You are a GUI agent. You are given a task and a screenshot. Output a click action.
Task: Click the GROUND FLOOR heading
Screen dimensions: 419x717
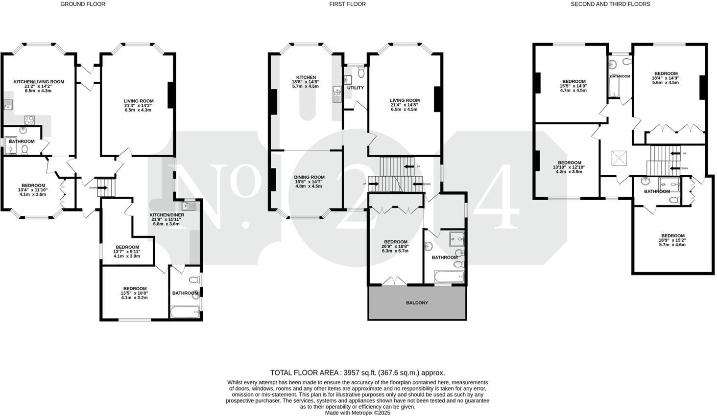pos(83,4)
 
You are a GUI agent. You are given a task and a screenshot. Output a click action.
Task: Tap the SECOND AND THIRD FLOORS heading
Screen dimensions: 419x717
pos(610,4)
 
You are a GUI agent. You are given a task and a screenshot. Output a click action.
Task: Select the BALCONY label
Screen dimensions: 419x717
pos(417,303)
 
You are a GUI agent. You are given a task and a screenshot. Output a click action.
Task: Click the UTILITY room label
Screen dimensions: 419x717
pos(355,88)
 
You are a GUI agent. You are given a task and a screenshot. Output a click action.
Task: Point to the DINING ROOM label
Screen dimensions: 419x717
pos(309,177)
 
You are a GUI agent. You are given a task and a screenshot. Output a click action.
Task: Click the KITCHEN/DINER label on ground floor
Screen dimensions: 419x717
pos(167,214)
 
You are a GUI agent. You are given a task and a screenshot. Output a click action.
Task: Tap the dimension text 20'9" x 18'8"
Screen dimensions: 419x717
pos(395,246)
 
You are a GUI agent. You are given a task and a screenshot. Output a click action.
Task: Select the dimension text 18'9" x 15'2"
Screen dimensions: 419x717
pos(672,240)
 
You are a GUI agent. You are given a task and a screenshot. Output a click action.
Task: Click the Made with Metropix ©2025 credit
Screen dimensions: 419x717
pos(358,413)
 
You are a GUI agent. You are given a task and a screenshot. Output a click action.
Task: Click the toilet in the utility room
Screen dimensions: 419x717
pos(361,72)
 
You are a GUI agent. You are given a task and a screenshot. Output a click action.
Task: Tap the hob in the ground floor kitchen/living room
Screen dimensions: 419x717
pos(29,119)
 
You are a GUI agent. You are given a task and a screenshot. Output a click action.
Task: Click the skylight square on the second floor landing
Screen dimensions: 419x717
pos(619,158)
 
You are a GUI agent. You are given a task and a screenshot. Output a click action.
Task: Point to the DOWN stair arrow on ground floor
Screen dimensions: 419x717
pos(101,187)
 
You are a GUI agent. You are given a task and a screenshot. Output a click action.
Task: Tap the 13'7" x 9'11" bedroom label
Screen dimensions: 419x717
pos(127,247)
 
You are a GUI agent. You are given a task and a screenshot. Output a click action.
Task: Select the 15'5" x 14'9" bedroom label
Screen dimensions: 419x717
pos(574,82)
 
